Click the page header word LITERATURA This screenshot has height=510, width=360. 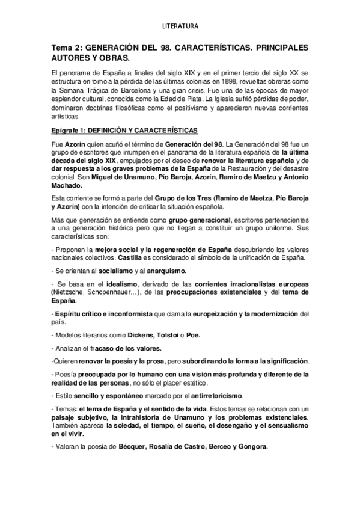coord(180,26)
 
